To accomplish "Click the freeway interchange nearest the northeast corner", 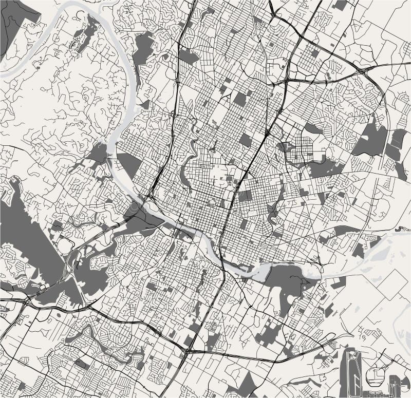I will point(366,70).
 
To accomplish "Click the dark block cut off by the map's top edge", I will point(339,5).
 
